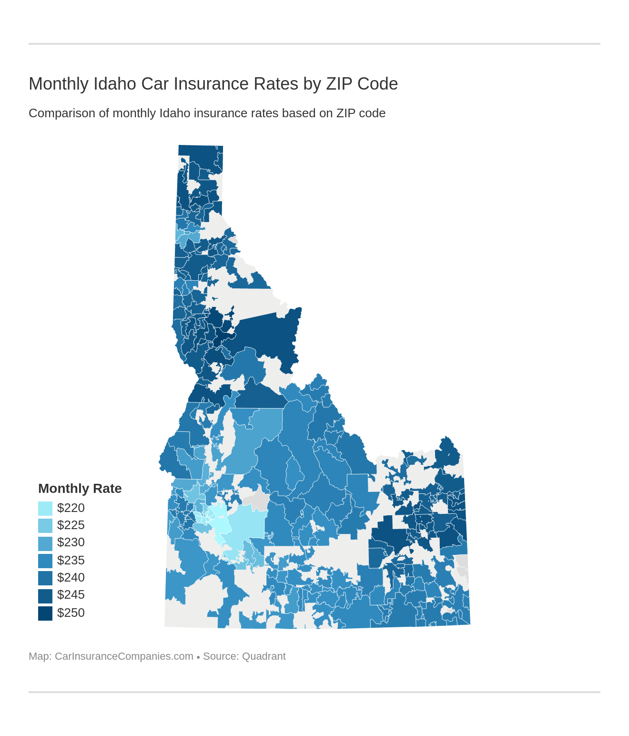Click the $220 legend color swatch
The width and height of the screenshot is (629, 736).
coord(45,508)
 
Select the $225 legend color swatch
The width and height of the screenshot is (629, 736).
coord(45,525)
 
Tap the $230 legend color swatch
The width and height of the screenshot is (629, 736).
coord(45,543)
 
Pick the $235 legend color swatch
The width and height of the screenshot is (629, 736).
coord(45,561)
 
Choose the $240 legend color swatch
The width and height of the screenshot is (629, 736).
coord(45,578)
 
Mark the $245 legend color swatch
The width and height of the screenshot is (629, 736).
coord(45,595)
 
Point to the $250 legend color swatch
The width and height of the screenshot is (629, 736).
coord(45,613)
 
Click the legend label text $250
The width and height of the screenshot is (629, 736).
coord(71,613)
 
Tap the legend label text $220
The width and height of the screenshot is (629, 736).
coord(71,508)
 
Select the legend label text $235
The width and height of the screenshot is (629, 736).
coord(71,561)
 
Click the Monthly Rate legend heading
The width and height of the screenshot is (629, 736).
coord(80,489)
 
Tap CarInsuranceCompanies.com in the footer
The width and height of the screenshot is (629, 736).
coord(124,656)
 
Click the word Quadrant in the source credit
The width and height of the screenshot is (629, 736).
coord(264,656)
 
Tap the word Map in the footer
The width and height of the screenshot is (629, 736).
coord(39,656)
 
